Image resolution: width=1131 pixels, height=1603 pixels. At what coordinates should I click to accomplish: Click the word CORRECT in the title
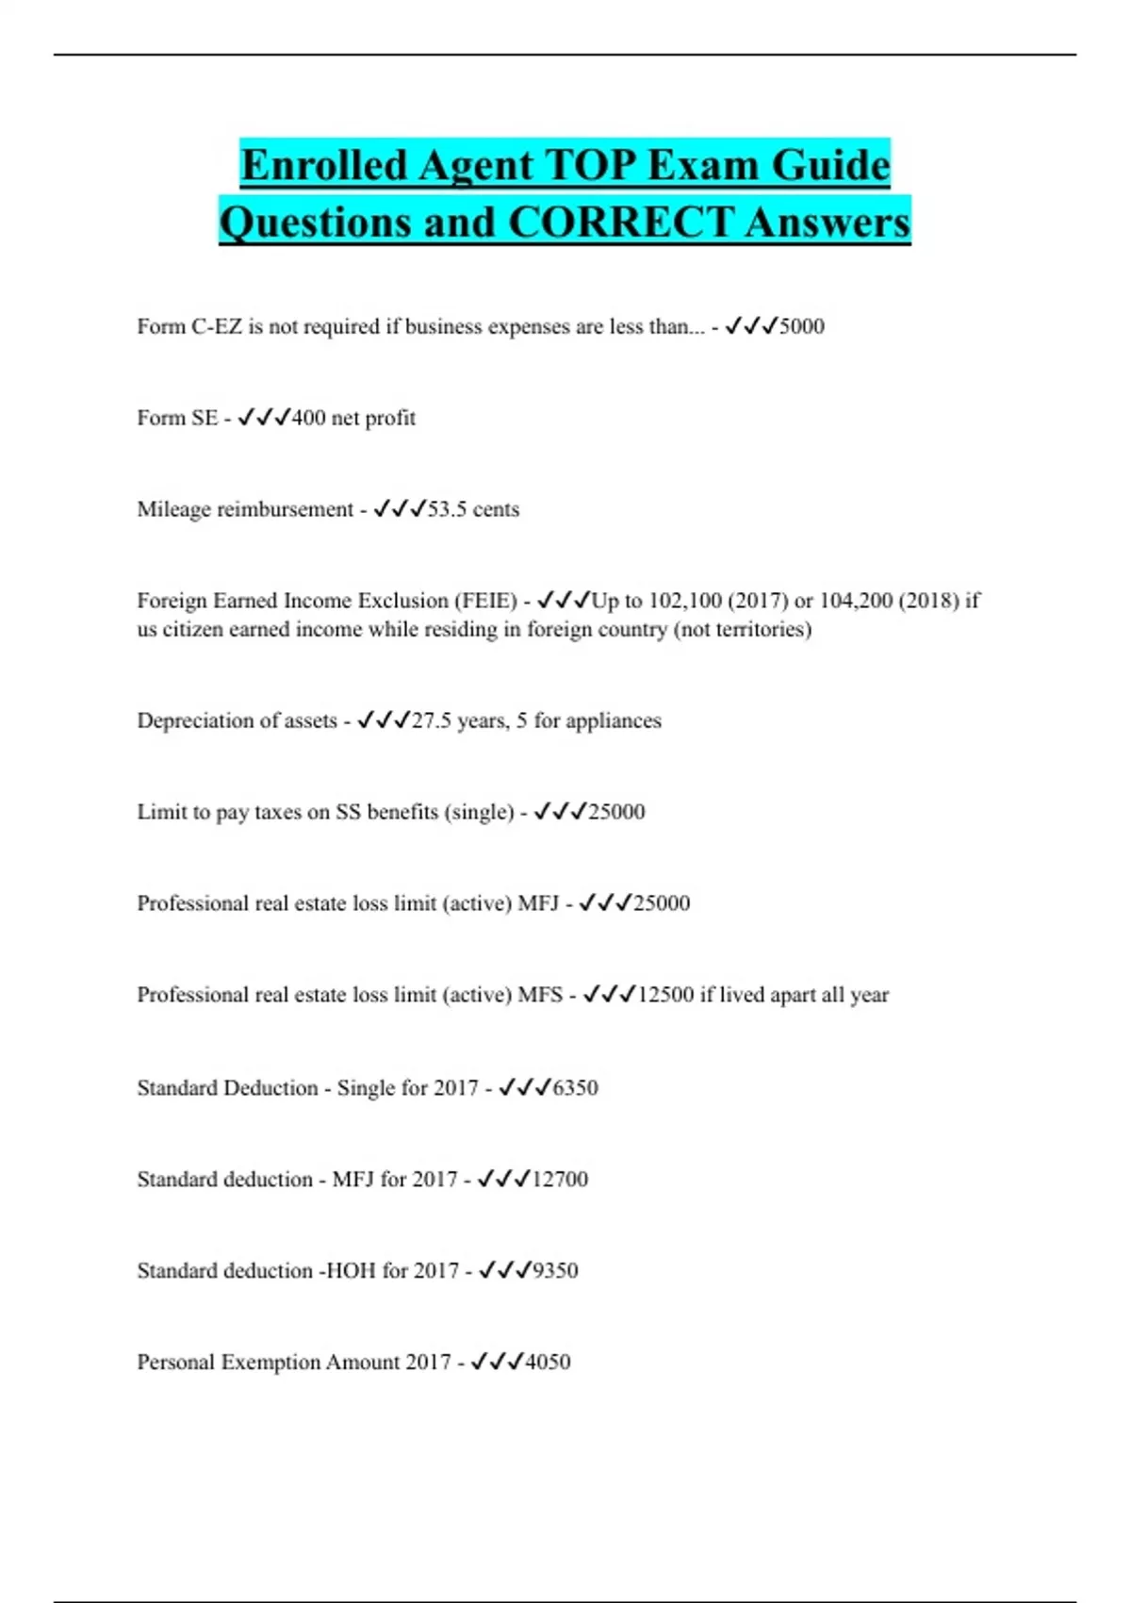[x=620, y=223]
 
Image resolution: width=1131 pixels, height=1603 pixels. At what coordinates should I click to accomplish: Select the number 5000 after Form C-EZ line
[x=802, y=326]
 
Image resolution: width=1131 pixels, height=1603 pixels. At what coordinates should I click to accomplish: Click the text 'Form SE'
[x=177, y=418]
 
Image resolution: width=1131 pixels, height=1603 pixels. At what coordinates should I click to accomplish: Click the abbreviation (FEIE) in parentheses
[x=485, y=601]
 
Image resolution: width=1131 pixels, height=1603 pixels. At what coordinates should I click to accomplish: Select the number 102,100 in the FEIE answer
[x=685, y=601]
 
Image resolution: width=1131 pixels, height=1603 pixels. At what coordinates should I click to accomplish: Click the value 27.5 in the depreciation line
[x=432, y=720]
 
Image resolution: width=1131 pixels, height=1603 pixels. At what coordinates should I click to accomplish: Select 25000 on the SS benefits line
[x=616, y=812]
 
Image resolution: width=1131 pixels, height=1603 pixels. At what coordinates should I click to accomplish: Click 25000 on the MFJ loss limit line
[x=662, y=903]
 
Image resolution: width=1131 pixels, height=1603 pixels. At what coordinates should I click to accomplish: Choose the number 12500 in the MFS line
[x=665, y=995]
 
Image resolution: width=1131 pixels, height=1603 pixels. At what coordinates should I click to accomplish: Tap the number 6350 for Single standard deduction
[x=575, y=1088]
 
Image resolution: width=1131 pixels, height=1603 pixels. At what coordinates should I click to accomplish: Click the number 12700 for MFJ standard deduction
[x=560, y=1180]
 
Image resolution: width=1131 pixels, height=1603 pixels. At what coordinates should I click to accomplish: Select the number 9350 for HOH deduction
[x=555, y=1271]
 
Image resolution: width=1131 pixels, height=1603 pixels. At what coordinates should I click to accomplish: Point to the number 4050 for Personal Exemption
[x=548, y=1363]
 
